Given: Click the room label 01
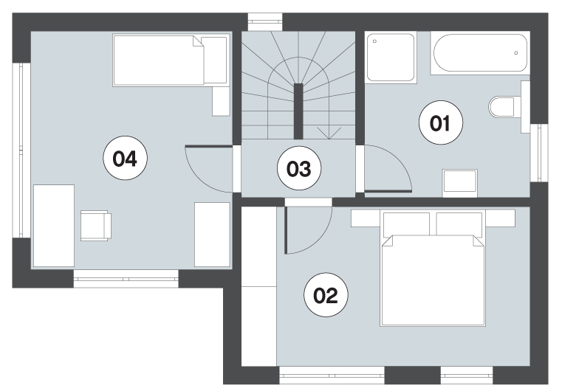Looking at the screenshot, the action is pyautogui.click(x=440, y=122).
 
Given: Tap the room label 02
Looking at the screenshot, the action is pyautogui.click(x=326, y=295).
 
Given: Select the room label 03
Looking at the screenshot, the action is pyautogui.click(x=299, y=168).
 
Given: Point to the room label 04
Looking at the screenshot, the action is pyautogui.click(x=125, y=158).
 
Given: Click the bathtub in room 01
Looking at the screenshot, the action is pyautogui.click(x=480, y=53).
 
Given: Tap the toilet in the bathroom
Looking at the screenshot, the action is pyautogui.click(x=501, y=107).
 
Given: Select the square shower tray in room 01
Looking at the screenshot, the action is pyautogui.click(x=391, y=58).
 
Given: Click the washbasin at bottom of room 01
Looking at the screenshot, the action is pyautogui.click(x=460, y=183).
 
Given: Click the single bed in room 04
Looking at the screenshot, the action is pyautogui.click(x=171, y=60).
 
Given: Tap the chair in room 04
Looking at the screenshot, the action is pyautogui.click(x=96, y=226).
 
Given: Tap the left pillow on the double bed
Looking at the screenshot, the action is pyautogui.click(x=407, y=224).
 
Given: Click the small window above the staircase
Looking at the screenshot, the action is pyautogui.click(x=265, y=23).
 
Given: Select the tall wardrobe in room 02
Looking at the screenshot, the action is pyautogui.click(x=259, y=286).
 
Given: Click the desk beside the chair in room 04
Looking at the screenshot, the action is pyautogui.click(x=54, y=226).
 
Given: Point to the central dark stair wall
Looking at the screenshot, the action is pyautogui.click(x=298, y=111).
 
